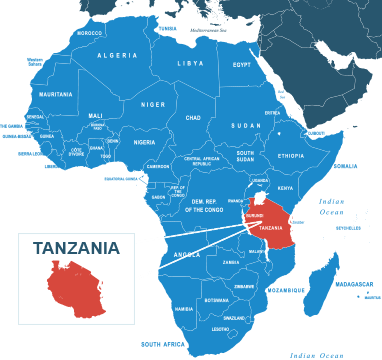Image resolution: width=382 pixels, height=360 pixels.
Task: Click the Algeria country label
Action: (x=117, y=55)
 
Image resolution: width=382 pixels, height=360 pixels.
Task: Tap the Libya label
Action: (x=190, y=63)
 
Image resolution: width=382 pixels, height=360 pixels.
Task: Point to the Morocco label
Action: (x=90, y=33)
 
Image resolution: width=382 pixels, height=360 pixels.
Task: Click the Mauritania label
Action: (x=55, y=94)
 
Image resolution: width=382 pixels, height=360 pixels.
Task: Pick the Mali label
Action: (x=96, y=115)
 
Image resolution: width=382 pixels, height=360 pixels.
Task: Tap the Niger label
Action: (x=153, y=104)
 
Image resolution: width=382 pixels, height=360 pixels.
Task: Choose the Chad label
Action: (x=194, y=117)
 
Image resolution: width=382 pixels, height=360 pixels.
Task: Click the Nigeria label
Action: (x=145, y=141)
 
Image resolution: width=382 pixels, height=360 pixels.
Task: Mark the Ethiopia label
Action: (x=291, y=156)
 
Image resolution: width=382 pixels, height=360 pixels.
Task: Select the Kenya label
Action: (x=285, y=187)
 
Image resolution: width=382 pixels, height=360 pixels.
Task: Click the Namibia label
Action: (x=184, y=309)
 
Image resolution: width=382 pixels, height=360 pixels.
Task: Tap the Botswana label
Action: (x=216, y=300)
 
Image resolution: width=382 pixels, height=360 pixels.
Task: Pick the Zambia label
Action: (x=231, y=262)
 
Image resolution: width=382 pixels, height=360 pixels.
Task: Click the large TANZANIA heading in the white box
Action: (x=76, y=248)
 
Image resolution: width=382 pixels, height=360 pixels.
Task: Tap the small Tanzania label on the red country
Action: (x=270, y=228)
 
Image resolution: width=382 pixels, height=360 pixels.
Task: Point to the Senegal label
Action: (x=35, y=117)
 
